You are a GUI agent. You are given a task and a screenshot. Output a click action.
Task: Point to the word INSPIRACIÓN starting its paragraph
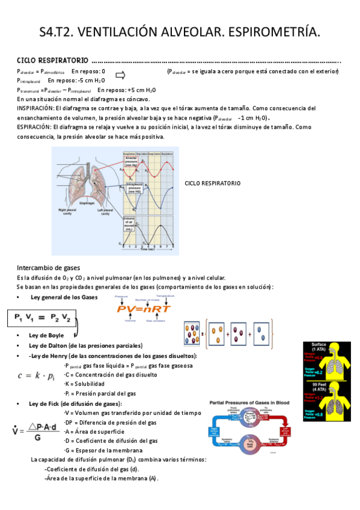click(x=34, y=108)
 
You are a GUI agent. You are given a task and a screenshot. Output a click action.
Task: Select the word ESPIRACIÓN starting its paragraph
click(x=33, y=127)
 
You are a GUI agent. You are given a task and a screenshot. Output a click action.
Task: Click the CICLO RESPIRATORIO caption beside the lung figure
click(x=212, y=183)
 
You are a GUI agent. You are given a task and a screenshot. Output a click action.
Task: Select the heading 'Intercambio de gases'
click(x=49, y=267)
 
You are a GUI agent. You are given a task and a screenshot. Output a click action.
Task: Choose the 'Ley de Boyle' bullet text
click(x=47, y=335)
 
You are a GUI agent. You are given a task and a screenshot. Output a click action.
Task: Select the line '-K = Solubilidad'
click(x=84, y=384)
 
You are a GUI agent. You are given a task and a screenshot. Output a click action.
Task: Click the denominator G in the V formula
click(x=37, y=438)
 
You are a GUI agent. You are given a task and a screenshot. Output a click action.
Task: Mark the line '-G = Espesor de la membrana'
click(x=103, y=450)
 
